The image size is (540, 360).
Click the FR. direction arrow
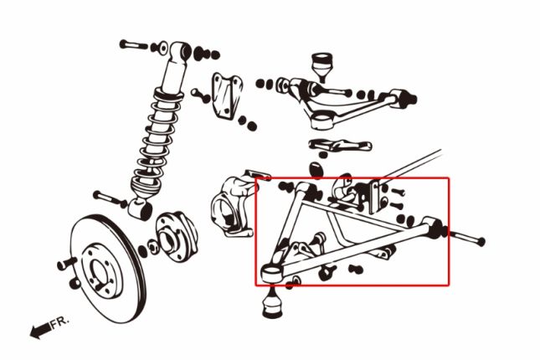pyautogui.click(x=40, y=331)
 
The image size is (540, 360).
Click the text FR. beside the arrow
pyautogui.click(x=60, y=322)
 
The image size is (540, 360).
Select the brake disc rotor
pyautogui.click(x=108, y=269)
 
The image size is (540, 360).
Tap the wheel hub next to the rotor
pyautogui.click(x=177, y=237)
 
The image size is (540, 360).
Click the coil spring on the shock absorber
pyautogui.click(x=156, y=141)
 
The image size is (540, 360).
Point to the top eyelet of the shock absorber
pyautogui.click(x=181, y=52)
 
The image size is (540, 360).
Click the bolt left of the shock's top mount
pyautogui.click(x=134, y=44)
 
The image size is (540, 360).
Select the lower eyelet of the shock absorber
pyautogui.click(x=141, y=208)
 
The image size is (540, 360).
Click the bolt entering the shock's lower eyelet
pyautogui.click(x=110, y=199)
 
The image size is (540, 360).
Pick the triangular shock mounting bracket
pyautogui.click(x=226, y=96)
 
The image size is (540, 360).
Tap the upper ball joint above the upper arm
pyautogui.click(x=321, y=66)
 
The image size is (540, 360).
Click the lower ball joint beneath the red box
pyautogui.click(x=273, y=303)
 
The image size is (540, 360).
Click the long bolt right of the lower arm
pyautogui.click(x=467, y=239)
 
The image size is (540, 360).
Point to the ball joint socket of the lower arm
pyautogui.click(x=272, y=274)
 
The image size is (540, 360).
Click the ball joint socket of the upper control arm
pyautogui.click(x=322, y=121)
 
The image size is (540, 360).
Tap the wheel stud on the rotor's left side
pyautogui.click(x=67, y=264)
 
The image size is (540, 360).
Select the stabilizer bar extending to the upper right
pyautogui.click(x=412, y=166)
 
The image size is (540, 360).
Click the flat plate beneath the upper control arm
pyautogui.click(x=340, y=145)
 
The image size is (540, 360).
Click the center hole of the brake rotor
pyautogui.click(x=100, y=273)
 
